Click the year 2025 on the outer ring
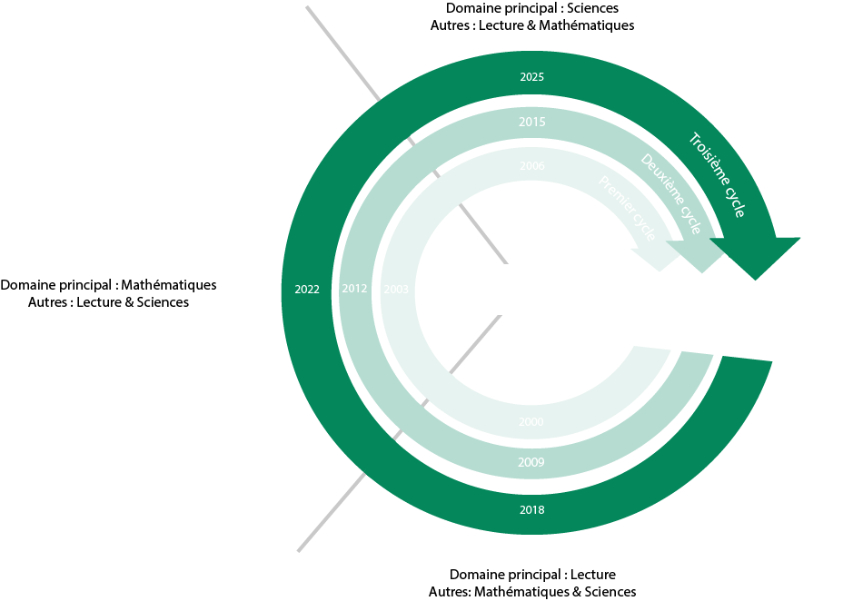coord(532,77)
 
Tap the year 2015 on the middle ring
coord(532,122)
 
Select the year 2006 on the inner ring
coord(532,166)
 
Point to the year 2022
coord(307,290)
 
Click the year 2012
coord(353,289)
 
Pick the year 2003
coord(396,289)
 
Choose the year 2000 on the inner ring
coord(531,422)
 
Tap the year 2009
coord(531,462)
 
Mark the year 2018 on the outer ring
coord(532,509)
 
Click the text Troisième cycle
coord(719,175)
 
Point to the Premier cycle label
coord(628,208)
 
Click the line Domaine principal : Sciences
coord(531,8)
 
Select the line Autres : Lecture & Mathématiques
coord(531,25)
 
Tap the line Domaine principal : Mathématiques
coord(108,284)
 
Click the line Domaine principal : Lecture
coord(532,575)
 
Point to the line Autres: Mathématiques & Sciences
coord(532,592)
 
